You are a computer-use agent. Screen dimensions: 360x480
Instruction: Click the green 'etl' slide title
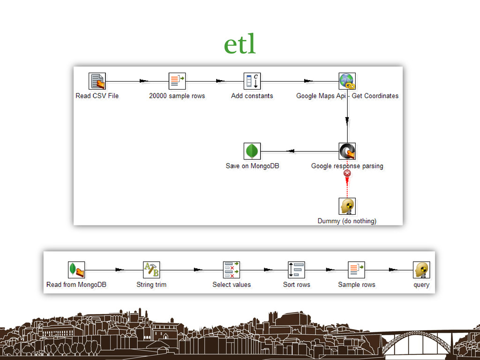pos(240,45)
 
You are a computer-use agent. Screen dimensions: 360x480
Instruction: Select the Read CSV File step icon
pos(97,81)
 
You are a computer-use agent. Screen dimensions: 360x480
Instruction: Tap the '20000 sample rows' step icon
pos(177,81)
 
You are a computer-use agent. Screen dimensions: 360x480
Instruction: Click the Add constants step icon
pos(252,81)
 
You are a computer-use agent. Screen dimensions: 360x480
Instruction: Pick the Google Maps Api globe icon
pos(347,81)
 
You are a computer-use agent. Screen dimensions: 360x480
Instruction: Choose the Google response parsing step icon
pos(347,151)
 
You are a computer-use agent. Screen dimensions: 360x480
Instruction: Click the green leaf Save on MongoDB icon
pos(252,151)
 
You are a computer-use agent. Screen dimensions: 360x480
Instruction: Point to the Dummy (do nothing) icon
pos(347,206)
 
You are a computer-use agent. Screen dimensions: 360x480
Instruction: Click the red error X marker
pos(347,173)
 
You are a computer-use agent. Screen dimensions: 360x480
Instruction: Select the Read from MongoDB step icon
pos(76,270)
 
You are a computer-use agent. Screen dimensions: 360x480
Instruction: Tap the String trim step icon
pos(151,270)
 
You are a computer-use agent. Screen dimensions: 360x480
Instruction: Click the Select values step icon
pos(232,270)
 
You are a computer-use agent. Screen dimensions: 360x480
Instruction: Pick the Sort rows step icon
pos(296,270)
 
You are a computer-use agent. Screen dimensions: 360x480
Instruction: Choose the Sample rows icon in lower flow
pos(356,270)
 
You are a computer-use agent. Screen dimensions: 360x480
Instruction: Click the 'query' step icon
pos(421,270)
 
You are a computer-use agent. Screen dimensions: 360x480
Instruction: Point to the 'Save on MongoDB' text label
pos(252,166)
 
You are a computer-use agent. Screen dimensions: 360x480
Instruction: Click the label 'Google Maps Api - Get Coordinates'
pos(347,96)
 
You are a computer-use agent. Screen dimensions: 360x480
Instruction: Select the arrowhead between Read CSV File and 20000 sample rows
pos(143,81)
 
